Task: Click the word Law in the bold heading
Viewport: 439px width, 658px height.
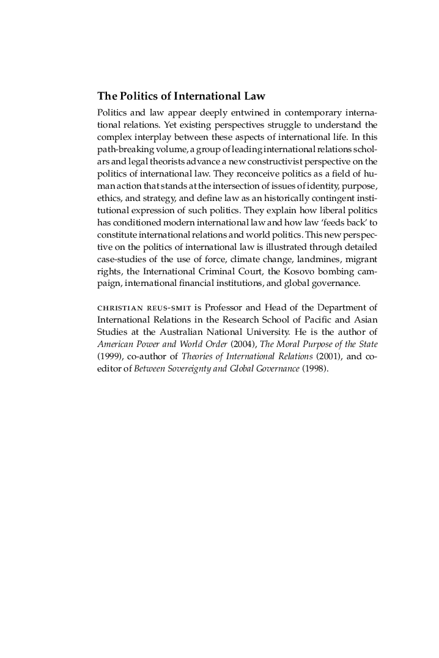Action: tap(253, 97)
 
